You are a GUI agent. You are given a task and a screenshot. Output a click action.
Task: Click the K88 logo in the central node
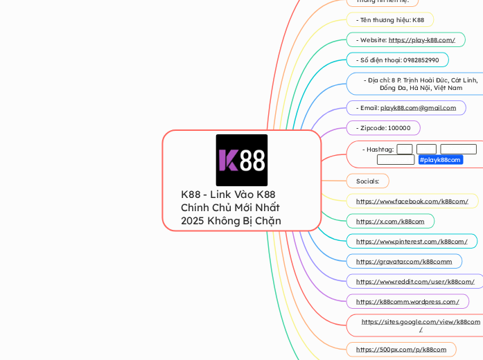pos(241,160)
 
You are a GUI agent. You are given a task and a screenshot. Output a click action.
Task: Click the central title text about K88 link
pos(231,208)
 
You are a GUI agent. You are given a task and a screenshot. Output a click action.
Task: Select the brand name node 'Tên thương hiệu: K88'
pos(389,20)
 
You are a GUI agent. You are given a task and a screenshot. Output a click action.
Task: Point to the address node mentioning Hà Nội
pos(421,84)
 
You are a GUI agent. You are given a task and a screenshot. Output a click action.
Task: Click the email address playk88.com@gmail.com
pos(418,108)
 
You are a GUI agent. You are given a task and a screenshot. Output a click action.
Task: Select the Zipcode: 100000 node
pos(383,128)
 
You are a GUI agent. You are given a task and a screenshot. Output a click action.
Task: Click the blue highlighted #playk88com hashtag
pos(440,160)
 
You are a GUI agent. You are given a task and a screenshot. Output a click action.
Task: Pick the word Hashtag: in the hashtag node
pos(378,150)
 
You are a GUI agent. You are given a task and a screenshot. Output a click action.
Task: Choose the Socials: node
pos(367,181)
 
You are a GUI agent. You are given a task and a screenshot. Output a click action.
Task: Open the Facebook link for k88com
pos(412,201)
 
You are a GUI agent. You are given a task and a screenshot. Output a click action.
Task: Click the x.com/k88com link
pos(390,222)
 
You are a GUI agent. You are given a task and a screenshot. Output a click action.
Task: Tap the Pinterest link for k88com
pos(412,242)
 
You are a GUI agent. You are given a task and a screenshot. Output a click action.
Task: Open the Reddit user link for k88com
pos(415,282)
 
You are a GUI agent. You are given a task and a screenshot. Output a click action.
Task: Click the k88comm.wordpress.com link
pos(407,302)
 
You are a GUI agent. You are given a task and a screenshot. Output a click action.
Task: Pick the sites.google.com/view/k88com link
pos(421,322)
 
